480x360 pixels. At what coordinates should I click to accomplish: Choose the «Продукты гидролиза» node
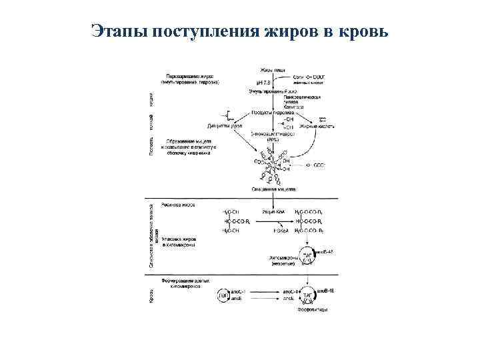click(x=273, y=113)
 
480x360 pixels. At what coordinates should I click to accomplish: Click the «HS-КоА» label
click(x=271, y=231)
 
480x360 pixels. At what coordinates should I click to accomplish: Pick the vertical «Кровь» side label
click(x=151, y=295)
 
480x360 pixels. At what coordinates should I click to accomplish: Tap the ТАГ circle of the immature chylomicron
click(x=308, y=255)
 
